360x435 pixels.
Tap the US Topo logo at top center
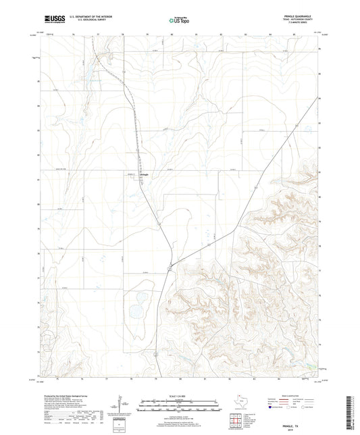(174, 21)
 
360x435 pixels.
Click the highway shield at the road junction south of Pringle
(170, 269)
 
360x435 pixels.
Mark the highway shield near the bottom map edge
(155, 352)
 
